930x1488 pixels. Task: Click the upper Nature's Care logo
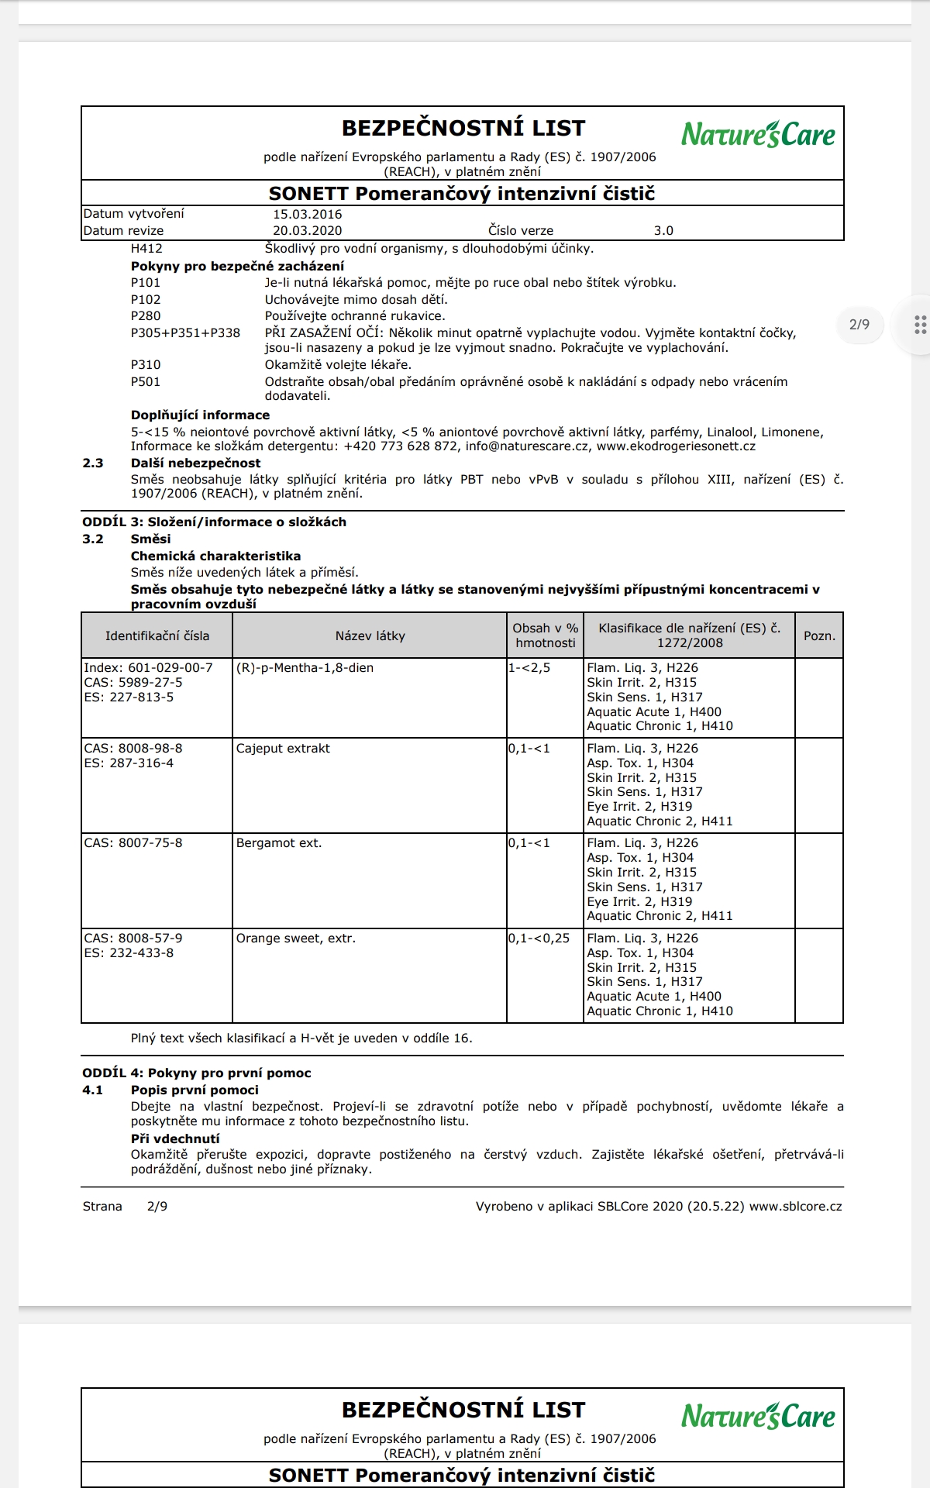click(758, 134)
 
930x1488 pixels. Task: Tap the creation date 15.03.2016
click(307, 215)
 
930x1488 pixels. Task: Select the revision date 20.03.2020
click(307, 231)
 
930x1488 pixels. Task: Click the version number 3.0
click(663, 231)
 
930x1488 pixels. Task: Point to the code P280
click(146, 316)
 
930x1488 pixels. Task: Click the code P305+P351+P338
click(185, 333)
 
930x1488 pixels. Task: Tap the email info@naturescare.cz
click(527, 446)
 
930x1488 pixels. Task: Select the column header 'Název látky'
click(370, 636)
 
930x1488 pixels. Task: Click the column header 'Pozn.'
click(819, 636)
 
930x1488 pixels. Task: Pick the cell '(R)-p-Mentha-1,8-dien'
click(305, 668)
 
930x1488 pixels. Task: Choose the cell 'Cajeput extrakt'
click(283, 749)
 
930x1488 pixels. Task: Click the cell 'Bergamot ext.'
click(279, 843)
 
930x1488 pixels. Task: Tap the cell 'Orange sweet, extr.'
click(296, 939)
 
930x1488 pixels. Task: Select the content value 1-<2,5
click(529, 668)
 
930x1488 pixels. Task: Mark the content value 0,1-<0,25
click(539, 939)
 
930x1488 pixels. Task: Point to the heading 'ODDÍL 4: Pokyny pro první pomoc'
click(197, 1073)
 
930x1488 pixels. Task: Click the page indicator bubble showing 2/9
click(859, 325)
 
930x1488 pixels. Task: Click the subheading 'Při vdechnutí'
click(175, 1139)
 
